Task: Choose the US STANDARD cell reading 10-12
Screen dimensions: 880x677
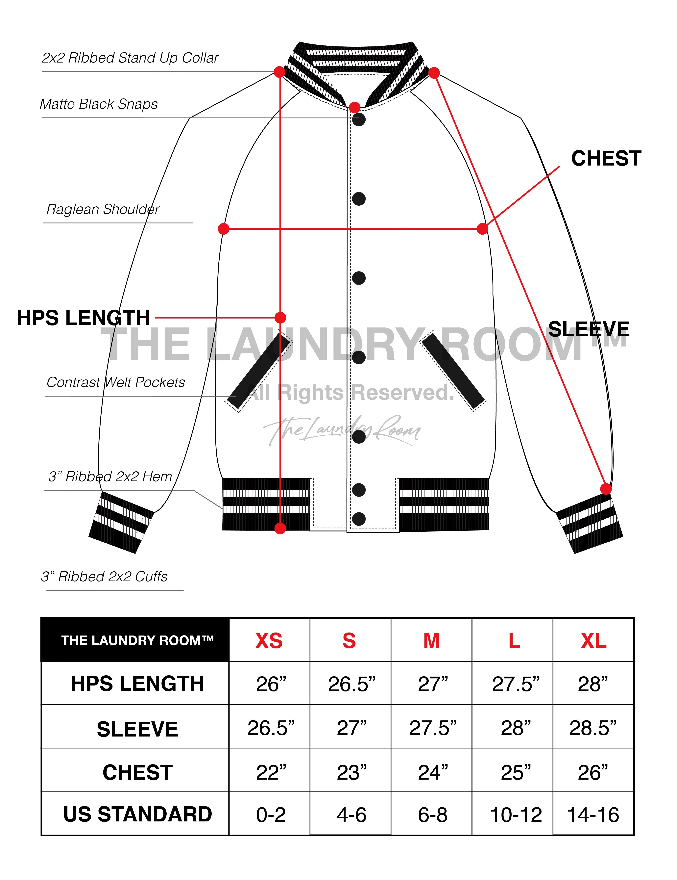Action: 516,815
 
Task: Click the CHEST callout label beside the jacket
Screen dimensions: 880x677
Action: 606,158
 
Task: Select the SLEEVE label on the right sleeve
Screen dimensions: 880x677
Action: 588,329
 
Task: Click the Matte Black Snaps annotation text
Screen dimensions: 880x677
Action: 99,104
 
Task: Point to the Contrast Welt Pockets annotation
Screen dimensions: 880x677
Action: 116,382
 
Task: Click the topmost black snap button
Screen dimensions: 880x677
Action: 358,120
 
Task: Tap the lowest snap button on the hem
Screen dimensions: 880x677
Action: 358,519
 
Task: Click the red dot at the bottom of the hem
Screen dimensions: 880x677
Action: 280,528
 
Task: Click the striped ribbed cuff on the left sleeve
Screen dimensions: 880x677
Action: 121,522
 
